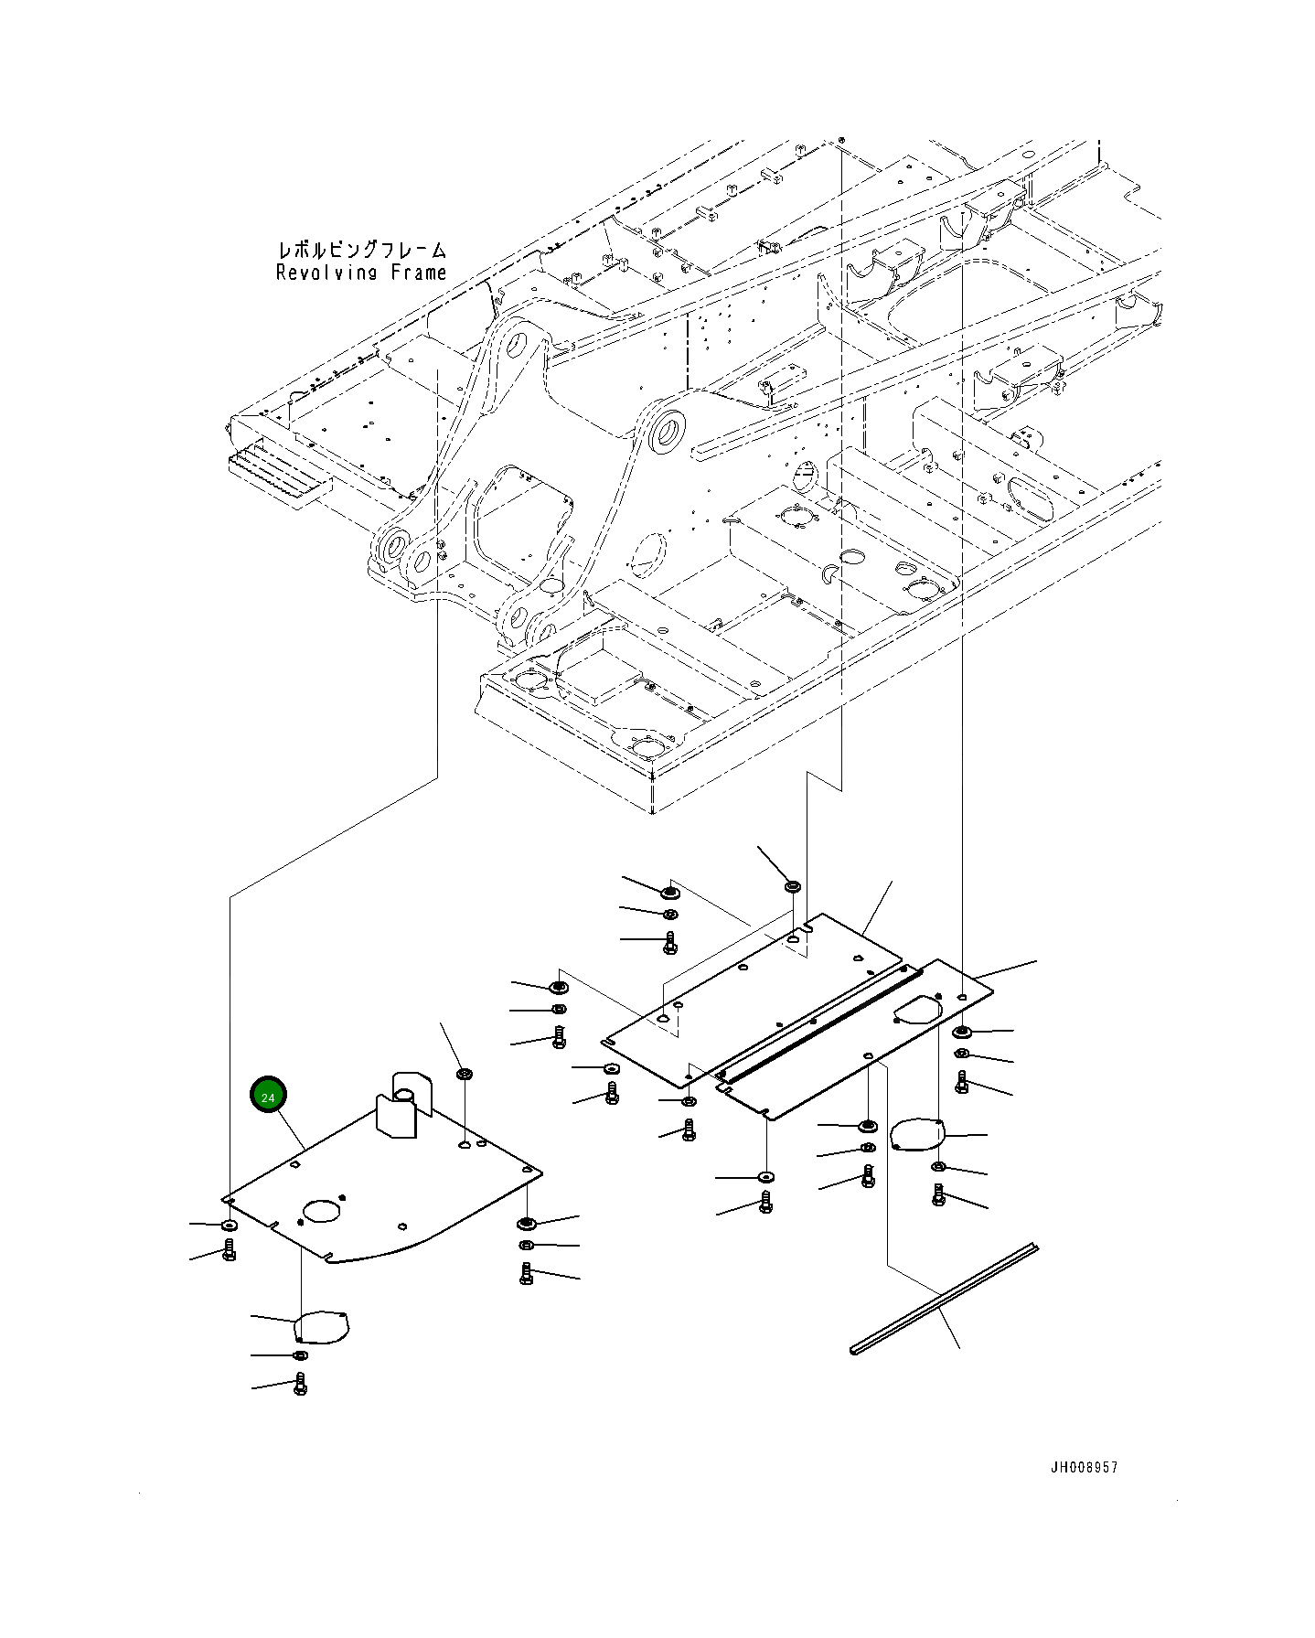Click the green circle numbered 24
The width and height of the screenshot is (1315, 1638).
pyautogui.click(x=268, y=1096)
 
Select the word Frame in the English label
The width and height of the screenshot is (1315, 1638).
pyautogui.click(x=416, y=273)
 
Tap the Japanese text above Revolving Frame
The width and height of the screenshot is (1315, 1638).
pyautogui.click(x=362, y=250)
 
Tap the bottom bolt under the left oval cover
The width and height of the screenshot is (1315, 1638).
pyautogui.click(x=300, y=1386)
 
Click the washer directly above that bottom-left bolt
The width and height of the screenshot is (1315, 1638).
pyautogui.click(x=299, y=1354)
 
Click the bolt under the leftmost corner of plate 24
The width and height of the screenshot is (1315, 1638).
pyautogui.click(x=229, y=1250)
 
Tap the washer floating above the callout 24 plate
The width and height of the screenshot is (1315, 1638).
pyautogui.click(x=464, y=1073)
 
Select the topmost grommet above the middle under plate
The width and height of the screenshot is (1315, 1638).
pyautogui.click(x=792, y=886)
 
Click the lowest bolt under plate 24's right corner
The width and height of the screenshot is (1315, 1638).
pyautogui.click(x=526, y=1273)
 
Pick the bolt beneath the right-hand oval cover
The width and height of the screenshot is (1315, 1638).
pyautogui.click(x=938, y=1194)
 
